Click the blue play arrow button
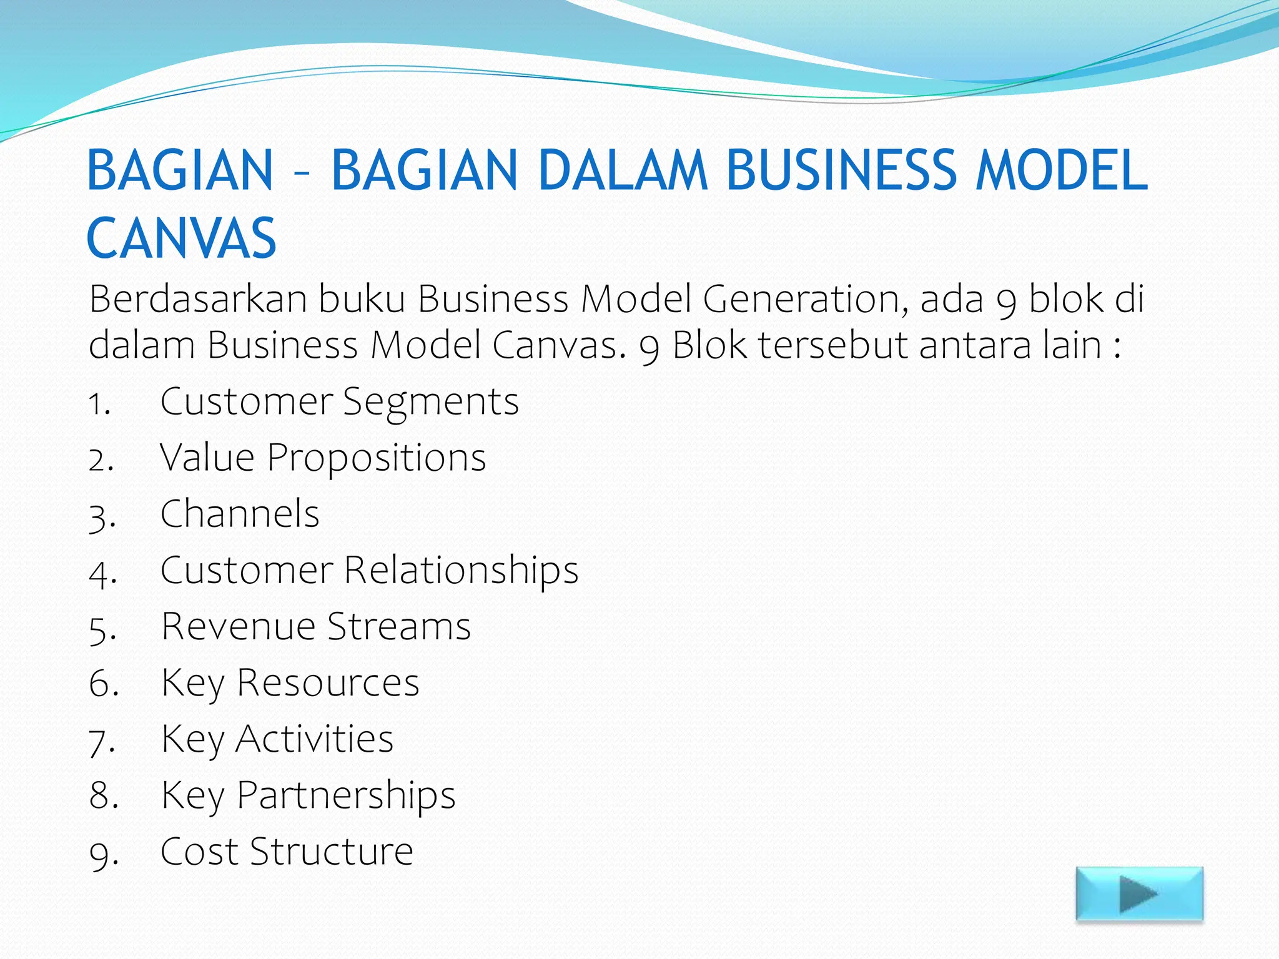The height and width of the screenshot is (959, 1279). coord(1139,894)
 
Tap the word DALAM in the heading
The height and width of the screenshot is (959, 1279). coord(622,170)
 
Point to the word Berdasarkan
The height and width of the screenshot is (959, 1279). coord(198,299)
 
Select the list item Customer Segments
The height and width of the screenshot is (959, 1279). coord(339,401)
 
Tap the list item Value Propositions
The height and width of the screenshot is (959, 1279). coord(322,458)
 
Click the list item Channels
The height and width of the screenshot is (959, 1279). coord(240,514)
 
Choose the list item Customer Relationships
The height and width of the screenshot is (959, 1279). coord(369,570)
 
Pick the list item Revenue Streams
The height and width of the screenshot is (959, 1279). coord(316,626)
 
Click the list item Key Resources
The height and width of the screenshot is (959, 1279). coord(290,683)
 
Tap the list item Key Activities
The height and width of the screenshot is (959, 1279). coord(277,739)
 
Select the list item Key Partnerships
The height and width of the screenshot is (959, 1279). coord(308,795)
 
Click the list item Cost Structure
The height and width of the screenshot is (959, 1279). coord(287,852)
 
